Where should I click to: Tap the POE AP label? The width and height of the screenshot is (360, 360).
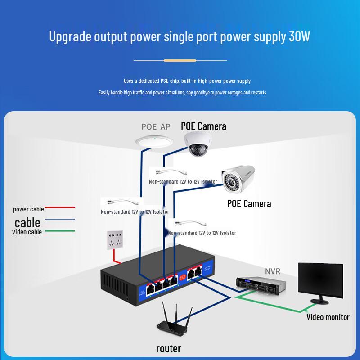click(156, 127)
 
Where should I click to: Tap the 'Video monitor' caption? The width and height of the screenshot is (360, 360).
click(328, 317)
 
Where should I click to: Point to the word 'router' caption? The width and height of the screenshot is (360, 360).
click(169, 348)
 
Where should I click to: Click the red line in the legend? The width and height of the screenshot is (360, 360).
click(59, 208)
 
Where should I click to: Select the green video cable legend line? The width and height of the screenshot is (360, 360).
click(59, 231)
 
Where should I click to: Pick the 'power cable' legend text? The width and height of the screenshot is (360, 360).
click(28, 209)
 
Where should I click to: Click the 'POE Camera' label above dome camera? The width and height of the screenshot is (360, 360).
click(203, 126)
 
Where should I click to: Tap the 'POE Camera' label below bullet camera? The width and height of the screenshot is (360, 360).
click(249, 203)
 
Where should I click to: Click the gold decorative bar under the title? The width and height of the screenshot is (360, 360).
click(180, 60)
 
